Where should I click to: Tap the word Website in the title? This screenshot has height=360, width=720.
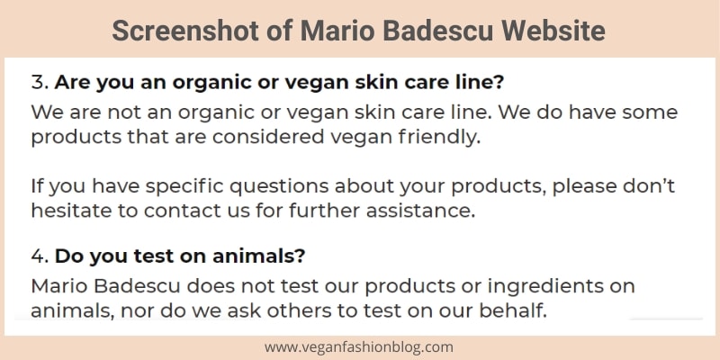tap(553, 31)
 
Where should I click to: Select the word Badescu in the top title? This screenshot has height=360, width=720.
tap(438, 31)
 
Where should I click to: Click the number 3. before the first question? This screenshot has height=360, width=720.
tap(40, 83)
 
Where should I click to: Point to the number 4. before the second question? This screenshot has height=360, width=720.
tap(40, 256)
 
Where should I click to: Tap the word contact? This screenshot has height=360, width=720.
tap(178, 211)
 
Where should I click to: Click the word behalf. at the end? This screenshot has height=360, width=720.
tap(513, 311)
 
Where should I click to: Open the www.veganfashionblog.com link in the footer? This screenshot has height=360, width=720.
tap(358, 347)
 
